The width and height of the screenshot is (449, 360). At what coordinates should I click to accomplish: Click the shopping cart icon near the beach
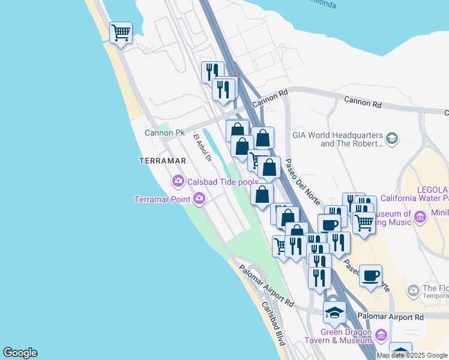(x=121, y=32)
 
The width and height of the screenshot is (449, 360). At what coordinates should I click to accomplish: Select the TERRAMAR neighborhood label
(x=163, y=161)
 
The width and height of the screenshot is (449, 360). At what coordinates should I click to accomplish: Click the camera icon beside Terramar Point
(x=199, y=198)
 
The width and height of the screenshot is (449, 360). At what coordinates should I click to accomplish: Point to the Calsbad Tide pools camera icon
(x=178, y=180)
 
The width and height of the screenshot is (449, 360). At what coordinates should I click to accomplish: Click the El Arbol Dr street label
(x=202, y=147)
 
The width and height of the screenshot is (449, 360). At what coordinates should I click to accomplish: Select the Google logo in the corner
(x=20, y=353)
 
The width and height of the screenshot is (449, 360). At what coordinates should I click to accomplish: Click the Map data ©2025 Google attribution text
(x=412, y=355)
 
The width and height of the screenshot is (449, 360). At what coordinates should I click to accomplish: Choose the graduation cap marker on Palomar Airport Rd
(x=334, y=311)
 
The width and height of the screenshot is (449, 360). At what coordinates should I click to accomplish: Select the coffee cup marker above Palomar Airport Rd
(x=370, y=275)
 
